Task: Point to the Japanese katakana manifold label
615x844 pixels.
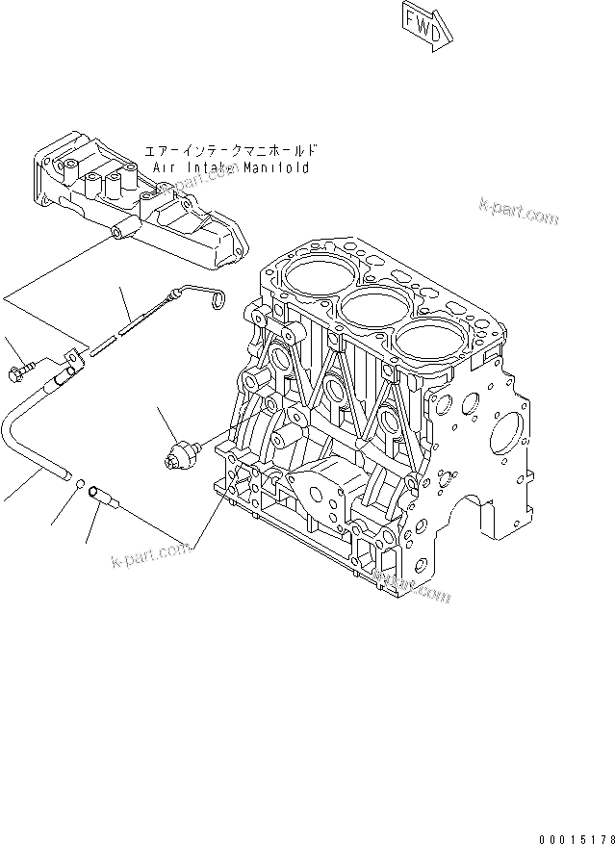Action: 230,151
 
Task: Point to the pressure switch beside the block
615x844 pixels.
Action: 183,450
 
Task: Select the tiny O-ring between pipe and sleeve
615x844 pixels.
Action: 82,485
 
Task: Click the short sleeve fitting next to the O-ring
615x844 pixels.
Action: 103,498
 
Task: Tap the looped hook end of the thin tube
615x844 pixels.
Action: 218,299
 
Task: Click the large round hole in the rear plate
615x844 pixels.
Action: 506,437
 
